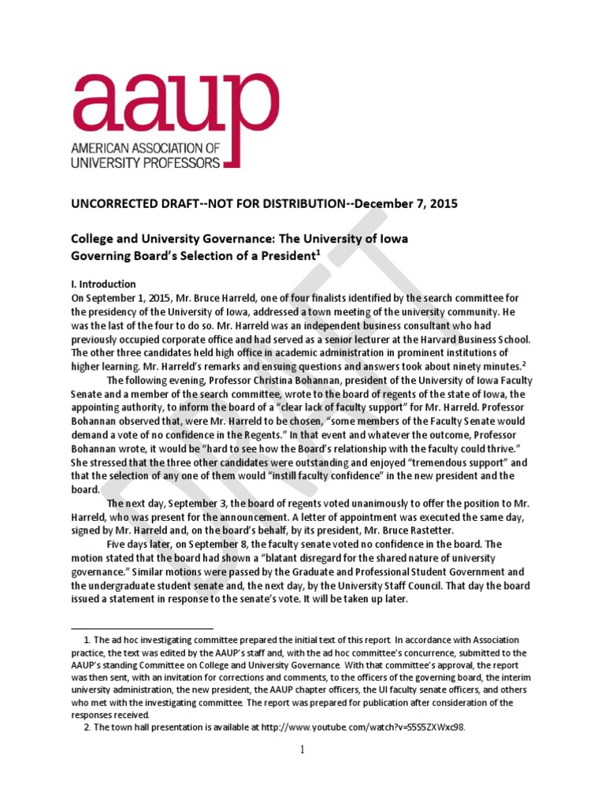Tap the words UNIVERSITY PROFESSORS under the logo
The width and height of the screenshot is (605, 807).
tap(146, 162)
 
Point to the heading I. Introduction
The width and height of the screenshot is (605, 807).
tap(104, 284)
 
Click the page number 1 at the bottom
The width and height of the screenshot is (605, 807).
tap(302, 749)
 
